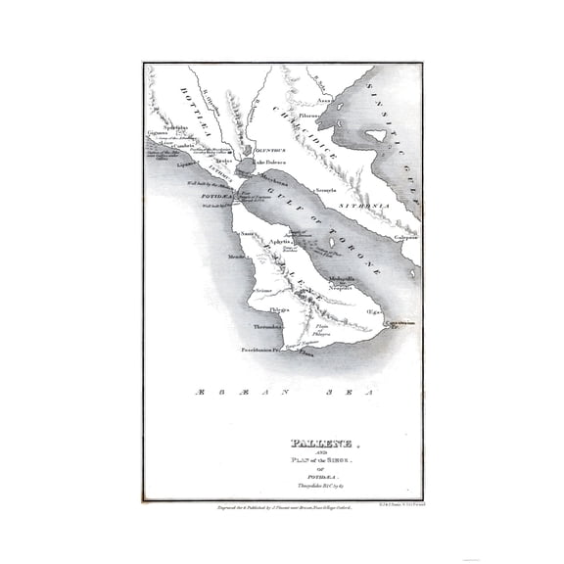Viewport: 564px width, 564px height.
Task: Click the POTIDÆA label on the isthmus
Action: point(218,197)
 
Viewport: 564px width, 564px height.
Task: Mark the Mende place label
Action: point(236,257)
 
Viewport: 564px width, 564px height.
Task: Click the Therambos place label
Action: point(268,326)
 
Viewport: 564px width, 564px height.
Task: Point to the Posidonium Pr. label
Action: point(261,350)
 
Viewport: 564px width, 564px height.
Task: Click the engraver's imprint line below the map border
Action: point(284,508)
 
